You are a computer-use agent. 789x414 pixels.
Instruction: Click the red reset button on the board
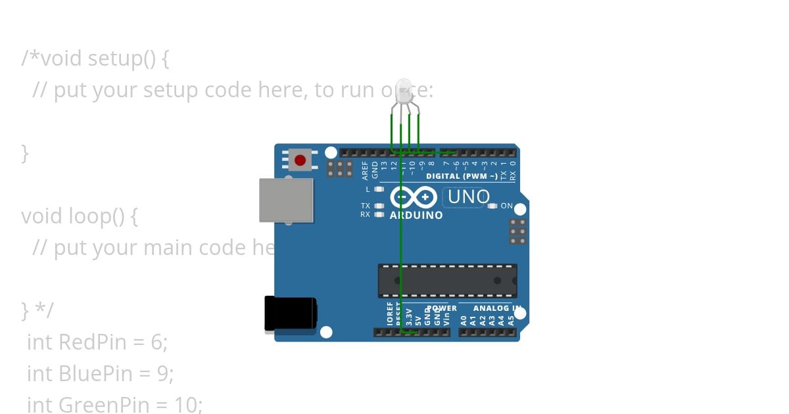300,160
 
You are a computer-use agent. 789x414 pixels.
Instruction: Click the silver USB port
286,200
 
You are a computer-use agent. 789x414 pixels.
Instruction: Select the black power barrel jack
290,313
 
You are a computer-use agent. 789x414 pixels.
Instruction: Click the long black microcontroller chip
447,281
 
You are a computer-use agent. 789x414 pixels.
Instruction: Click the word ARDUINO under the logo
416,215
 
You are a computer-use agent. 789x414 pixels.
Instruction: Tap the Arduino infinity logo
414,197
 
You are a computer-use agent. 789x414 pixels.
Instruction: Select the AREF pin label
366,170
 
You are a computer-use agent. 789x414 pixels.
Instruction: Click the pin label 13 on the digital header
384,167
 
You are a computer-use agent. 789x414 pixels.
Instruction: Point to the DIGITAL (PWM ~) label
462,176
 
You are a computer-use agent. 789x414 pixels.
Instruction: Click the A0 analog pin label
464,320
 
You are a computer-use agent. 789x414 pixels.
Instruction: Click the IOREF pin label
390,316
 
